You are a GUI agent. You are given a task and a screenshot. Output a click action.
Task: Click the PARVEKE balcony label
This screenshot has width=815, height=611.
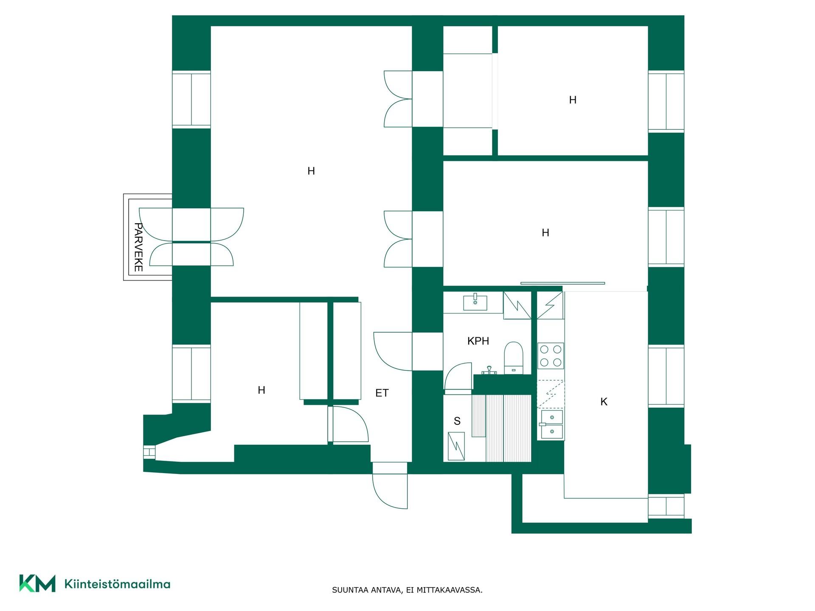(138, 247)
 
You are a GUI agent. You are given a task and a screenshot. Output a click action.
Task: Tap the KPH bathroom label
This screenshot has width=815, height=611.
(478, 341)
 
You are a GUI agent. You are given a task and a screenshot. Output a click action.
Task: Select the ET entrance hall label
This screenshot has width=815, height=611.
(382, 393)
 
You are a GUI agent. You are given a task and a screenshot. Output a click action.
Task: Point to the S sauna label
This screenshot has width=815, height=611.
(457, 421)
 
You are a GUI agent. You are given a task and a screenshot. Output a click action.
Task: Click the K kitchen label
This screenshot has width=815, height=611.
(604, 401)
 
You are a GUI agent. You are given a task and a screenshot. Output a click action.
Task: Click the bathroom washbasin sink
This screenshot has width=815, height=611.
(475, 302)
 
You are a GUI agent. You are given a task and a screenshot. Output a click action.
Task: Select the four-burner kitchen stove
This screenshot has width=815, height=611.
(551, 356)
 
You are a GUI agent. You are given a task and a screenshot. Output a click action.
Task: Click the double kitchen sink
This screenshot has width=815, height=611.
(551, 424)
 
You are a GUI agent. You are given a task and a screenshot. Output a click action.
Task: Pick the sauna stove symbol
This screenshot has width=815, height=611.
(456, 446)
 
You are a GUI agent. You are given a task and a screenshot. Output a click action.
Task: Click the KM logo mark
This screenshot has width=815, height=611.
(37, 583)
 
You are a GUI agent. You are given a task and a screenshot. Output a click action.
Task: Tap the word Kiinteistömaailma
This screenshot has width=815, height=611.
(117, 584)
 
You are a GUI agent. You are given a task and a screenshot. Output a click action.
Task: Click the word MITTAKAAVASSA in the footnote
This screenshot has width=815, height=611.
(450, 590)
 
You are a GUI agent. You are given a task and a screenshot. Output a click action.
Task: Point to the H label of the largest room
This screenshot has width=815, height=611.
(311, 171)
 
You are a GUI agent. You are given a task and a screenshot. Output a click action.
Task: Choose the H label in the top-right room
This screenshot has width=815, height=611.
(573, 100)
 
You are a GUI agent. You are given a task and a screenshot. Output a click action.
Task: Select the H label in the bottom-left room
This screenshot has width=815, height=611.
(261, 390)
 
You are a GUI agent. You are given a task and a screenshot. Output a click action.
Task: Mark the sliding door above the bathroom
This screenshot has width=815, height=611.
(563, 283)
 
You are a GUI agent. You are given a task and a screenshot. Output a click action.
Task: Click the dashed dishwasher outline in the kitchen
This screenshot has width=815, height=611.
(551, 394)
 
